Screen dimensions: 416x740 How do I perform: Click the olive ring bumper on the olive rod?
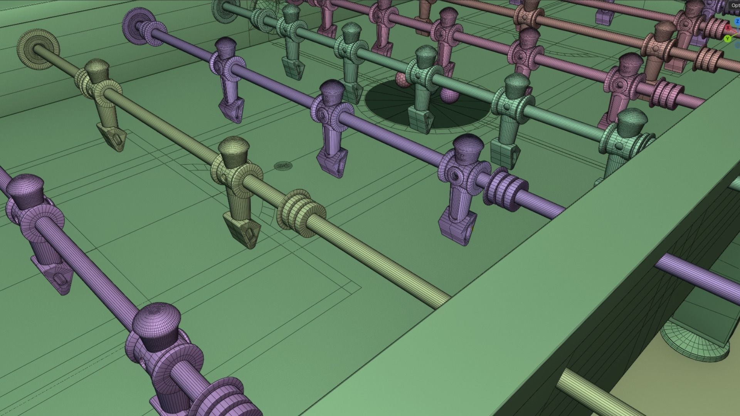[x=301, y=210]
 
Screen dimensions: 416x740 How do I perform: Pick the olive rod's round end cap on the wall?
[x=38, y=49]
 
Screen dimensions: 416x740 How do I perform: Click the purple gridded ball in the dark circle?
[x=449, y=96]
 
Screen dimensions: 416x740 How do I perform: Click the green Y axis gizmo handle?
[x=728, y=39]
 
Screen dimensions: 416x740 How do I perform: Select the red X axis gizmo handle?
[x=728, y=28]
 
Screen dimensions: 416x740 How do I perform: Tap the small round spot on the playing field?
[x=283, y=166]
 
